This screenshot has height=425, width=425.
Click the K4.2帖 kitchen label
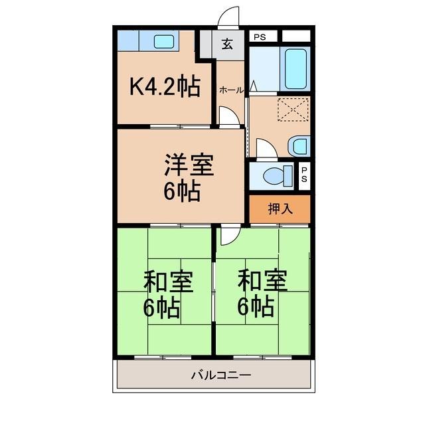pos(165,86)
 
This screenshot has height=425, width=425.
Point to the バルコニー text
pos(221,375)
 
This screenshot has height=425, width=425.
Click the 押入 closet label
pos(280,209)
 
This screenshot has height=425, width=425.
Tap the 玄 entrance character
pos(227,44)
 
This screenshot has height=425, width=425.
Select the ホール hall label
pos(231,90)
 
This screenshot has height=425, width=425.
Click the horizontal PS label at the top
pos(260,37)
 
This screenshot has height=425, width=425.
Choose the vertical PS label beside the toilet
pos(304,175)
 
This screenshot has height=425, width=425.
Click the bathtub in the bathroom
pos(296,68)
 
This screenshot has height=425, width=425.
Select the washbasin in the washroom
pos(299,146)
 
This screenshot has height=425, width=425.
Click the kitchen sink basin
pos(164,42)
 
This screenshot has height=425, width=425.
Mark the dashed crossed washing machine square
pos(294,109)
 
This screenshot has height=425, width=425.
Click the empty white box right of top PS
pos(296,36)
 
